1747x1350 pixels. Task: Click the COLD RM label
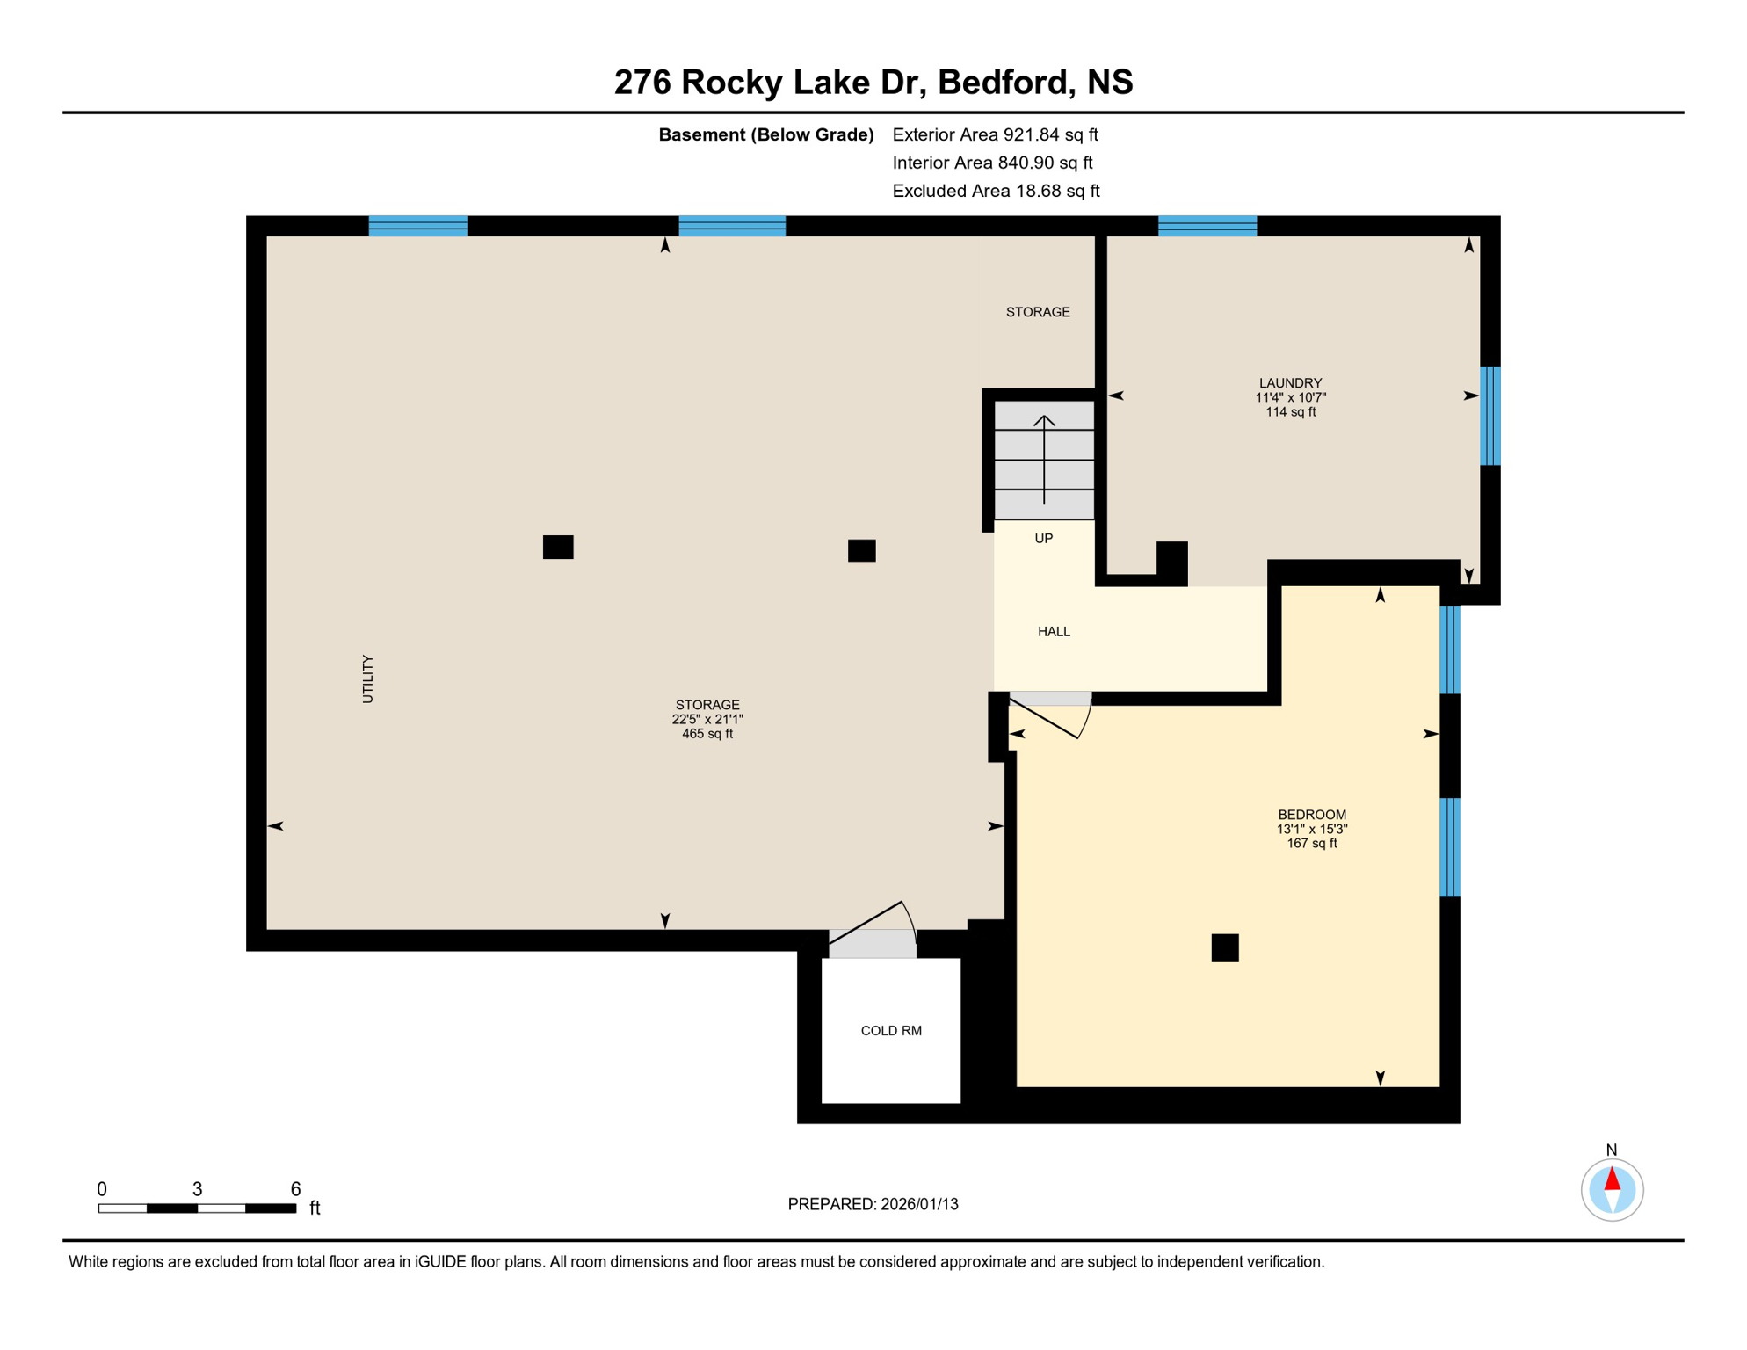(890, 1030)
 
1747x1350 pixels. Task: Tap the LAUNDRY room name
(1290, 382)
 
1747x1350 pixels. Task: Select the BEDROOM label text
(1311, 814)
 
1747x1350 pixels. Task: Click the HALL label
(1054, 631)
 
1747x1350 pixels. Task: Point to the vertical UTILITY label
(367, 679)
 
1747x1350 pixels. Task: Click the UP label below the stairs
(1043, 538)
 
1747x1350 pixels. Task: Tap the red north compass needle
(1612, 1179)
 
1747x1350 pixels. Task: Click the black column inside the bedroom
(1224, 947)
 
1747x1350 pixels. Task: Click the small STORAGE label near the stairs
(1038, 312)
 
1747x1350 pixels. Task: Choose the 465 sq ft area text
(707, 734)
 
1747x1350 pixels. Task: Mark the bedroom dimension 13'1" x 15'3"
(1311, 829)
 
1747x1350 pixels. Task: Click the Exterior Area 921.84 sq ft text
(995, 134)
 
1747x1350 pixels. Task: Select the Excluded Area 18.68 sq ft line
(996, 191)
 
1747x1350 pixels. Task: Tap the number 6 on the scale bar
(295, 1188)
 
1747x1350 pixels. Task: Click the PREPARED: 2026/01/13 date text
(873, 1204)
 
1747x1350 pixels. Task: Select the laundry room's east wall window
(1490, 416)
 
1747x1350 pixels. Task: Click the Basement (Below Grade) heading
(765, 134)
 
